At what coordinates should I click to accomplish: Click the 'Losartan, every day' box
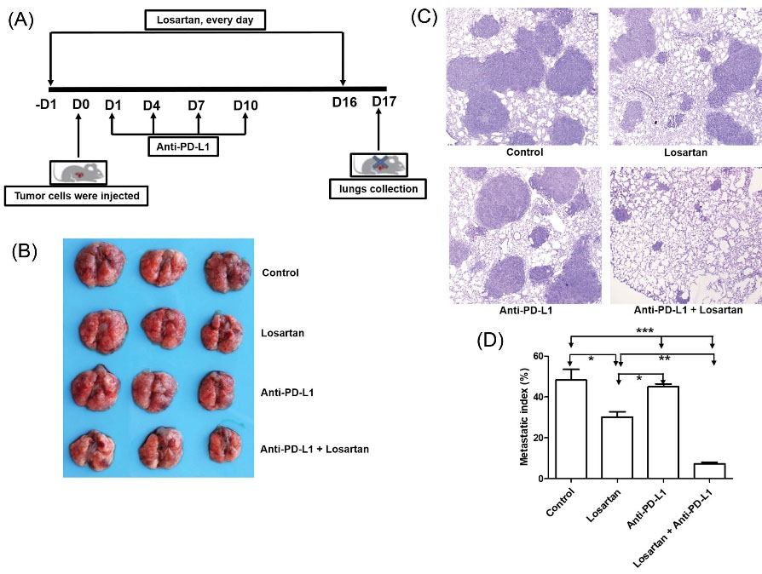click(x=205, y=19)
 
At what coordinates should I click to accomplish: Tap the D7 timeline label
click(x=196, y=106)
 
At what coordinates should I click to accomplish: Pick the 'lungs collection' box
click(x=379, y=188)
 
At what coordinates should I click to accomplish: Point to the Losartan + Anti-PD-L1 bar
click(x=708, y=471)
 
